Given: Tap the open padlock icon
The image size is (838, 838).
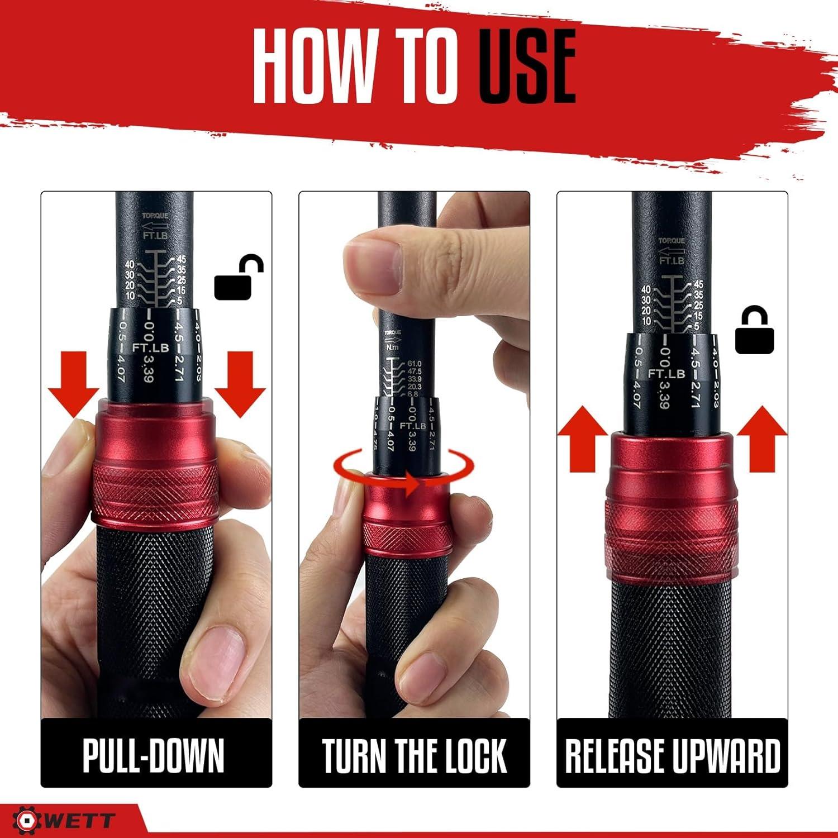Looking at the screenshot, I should coord(239,277).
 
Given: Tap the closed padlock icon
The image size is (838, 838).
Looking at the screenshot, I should coord(754,331).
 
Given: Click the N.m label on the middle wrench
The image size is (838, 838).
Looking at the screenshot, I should coord(393,346).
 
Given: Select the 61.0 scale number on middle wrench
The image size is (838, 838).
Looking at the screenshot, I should coord(415,364).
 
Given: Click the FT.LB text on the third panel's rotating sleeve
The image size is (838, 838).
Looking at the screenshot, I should coord(666,373).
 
